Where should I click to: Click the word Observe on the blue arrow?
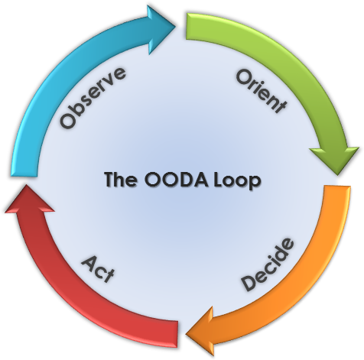coord(93,98)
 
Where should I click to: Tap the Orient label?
coord(262,92)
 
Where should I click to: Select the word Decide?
coord(268,264)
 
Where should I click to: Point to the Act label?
coord(98,269)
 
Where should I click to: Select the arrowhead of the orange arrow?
coord(200,332)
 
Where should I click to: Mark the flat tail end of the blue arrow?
coord(24,174)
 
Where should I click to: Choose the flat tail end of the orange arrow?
coord(338,188)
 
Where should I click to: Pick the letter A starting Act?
coord(89,264)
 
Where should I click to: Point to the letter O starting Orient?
coord(244,77)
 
